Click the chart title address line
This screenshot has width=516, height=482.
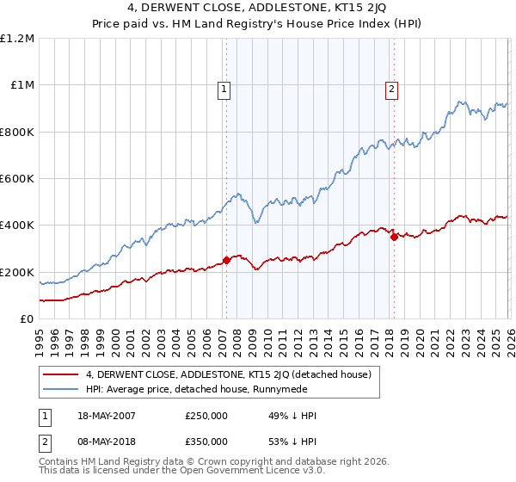(257, 10)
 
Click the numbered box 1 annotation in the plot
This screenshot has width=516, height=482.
(224, 88)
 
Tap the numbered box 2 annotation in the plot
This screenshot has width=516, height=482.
(391, 88)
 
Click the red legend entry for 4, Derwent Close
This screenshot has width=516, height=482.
(228, 374)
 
